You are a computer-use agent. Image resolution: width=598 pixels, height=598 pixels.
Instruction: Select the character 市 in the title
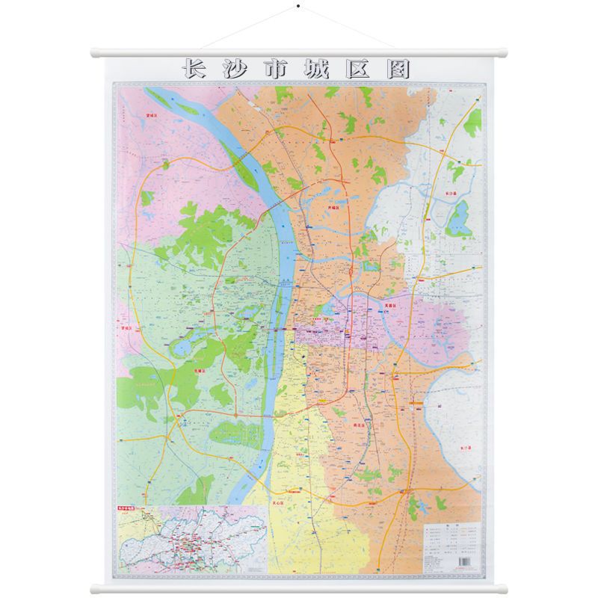279,69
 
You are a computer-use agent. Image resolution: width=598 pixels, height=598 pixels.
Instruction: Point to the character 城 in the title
321,69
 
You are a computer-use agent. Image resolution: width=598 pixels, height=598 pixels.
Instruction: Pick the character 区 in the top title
362,69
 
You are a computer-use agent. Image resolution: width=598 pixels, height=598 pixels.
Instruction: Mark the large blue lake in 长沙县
457,219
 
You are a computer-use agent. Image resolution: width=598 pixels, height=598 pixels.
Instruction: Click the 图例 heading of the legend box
451,523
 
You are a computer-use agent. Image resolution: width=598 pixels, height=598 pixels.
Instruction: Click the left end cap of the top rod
95,54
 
